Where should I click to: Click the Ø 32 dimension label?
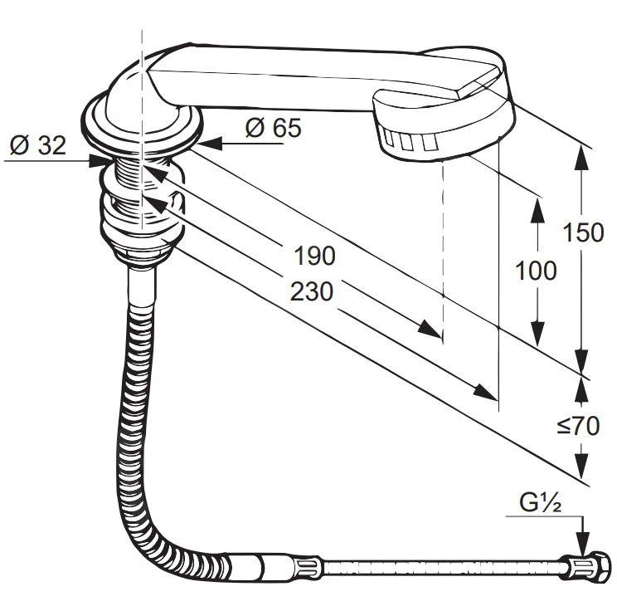click(x=38, y=145)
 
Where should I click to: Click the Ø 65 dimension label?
click(x=274, y=127)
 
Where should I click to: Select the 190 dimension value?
click(x=315, y=256)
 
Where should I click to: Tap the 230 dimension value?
click(x=311, y=291)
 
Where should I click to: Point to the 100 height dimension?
click(x=536, y=271)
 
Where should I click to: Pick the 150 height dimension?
click(x=583, y=232)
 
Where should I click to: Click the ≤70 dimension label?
click(x=579, y=426)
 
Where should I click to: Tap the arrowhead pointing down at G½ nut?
click(x=583, y=544)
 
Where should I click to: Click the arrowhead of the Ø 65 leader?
click(x=208, y=144)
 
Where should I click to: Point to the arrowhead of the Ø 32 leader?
click(x=99, y=161)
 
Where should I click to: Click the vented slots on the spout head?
click(x=409, y=141)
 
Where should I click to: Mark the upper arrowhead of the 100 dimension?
click(x=537, y=209)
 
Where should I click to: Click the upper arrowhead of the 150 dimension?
click(x=582, y=157)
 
